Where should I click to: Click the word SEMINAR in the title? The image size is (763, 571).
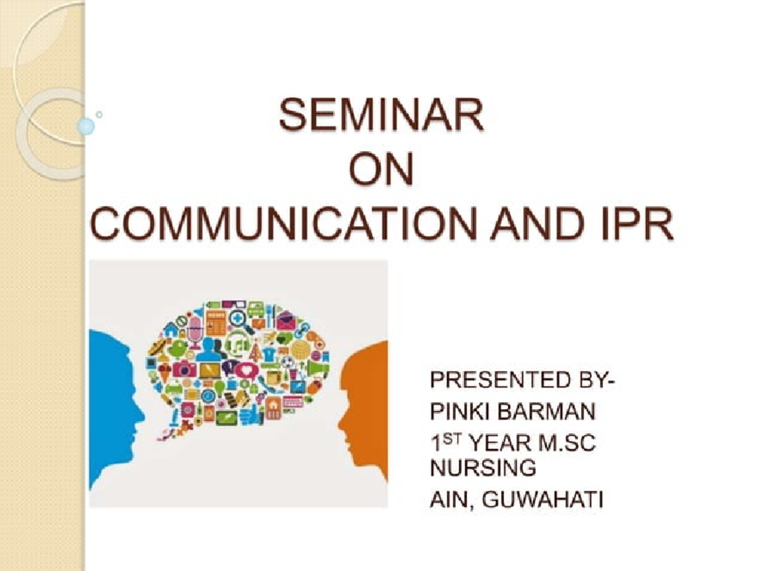click(381, 118)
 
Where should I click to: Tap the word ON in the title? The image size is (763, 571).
click(381, 171)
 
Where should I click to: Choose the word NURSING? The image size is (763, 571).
click(483, 469)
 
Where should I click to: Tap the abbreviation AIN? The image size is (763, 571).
click(450, 499)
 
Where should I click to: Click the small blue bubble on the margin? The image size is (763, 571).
click(85, 126)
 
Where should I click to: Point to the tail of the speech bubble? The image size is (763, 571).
click(170, 429)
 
